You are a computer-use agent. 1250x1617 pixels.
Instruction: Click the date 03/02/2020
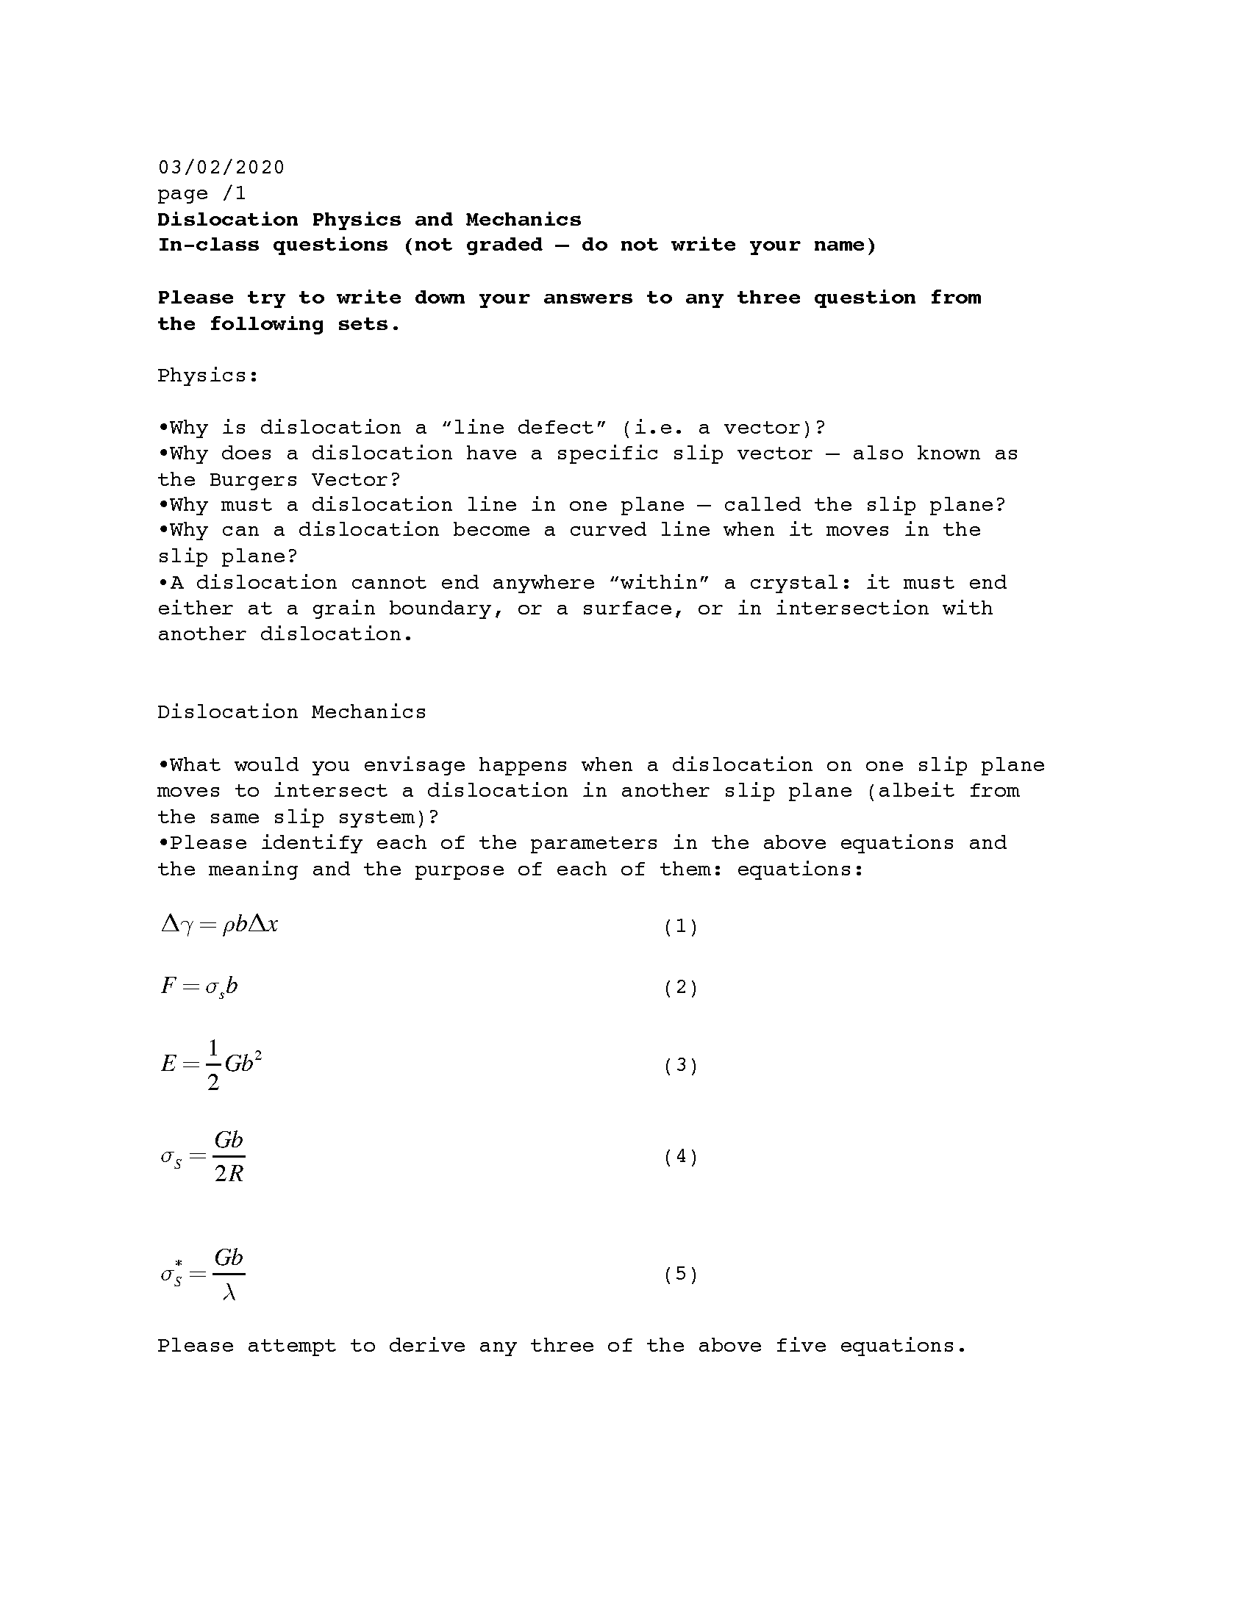coord(221,168)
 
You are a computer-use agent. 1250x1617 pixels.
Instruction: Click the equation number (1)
coord(681,926)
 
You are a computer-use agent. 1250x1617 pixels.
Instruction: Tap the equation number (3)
coord(681,1066)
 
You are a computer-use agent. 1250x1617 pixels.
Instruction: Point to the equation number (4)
coord(681,1156)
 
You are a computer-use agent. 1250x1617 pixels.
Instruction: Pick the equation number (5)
coord(681,1274)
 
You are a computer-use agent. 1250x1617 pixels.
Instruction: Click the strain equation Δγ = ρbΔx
coord(219,925)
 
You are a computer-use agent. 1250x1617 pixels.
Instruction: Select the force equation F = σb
coord(199,986)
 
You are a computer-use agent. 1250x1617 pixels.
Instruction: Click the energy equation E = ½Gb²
coord(211,1065)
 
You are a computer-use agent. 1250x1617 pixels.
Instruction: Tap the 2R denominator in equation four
coord(229,1174)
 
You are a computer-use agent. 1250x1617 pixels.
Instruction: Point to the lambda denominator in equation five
coord(229,1292)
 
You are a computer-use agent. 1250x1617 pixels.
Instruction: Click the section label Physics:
coord(207,376)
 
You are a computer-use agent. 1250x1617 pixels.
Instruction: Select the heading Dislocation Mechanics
coord(292,712)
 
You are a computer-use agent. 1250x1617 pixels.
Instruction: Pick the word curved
coord(607,530)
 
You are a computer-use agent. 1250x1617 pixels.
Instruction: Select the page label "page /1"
coord(201,193)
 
